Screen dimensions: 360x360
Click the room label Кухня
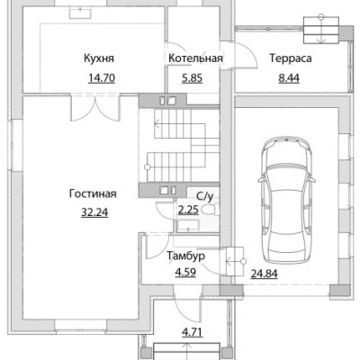point(99,58)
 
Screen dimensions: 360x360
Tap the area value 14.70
point(102,78)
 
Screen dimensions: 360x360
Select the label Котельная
point(195,58)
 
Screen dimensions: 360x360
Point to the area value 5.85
point(193,78)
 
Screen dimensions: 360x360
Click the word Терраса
point(291,58)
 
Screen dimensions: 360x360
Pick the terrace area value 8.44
point(289,78)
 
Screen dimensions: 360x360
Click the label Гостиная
point(93,193)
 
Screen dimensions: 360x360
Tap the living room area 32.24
point(94,212)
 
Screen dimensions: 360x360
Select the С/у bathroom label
point(205,196)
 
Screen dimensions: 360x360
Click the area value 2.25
point(188,210)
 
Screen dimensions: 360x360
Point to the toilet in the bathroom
point(211,210)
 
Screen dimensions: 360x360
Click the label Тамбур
point(186,256)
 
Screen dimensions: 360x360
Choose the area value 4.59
point(185,273)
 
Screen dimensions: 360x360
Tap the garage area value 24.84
point(264,274)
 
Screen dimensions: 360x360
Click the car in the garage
point(287,200)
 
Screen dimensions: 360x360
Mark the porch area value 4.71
point(193,332)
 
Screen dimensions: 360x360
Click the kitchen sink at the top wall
point(81,13)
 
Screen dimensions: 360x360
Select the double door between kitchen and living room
point(95,107)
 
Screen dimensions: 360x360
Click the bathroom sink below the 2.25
point(188,226)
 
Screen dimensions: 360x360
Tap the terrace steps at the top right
point(321,30)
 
